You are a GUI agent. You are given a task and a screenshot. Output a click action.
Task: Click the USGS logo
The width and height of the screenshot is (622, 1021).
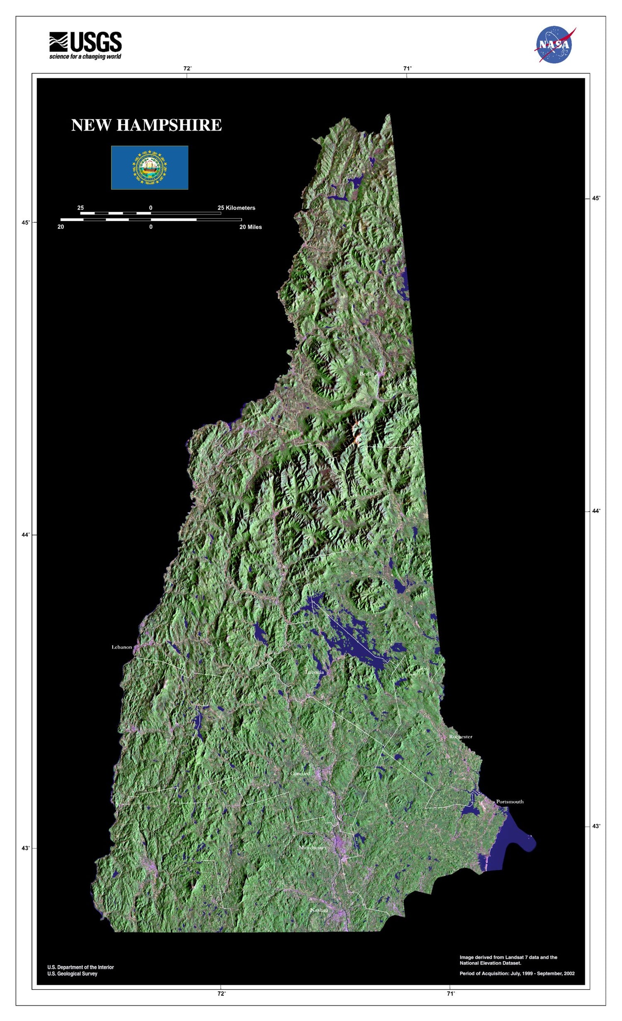point(85,45)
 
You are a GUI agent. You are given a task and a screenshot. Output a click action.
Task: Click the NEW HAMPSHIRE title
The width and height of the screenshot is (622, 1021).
point(146,125)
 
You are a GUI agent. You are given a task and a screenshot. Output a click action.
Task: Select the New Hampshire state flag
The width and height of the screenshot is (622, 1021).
point(150,167)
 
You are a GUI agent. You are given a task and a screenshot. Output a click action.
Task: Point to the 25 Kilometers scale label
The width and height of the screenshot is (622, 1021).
point(236,208)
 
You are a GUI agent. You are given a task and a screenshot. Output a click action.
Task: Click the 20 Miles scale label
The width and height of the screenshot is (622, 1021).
point(250,227)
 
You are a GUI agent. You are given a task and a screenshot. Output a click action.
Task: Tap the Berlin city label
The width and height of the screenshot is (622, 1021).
point(367,374)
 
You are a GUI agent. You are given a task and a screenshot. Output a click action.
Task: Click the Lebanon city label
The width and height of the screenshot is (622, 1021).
point(121,647)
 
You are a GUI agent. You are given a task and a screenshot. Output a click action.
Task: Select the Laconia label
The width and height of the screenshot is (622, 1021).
point(314,672)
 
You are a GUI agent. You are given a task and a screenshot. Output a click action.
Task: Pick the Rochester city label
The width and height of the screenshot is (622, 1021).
point(461,736)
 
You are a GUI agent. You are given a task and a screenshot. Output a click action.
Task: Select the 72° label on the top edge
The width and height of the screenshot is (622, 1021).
point(187,69)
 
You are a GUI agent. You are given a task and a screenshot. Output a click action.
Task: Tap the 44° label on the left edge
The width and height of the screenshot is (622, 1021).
point(26,535)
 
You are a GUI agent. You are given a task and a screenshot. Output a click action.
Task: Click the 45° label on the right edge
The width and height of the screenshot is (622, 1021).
point(595,198)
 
